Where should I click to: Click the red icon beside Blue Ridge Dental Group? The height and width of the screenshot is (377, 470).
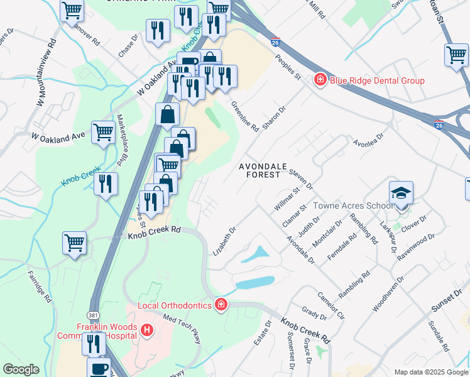320,80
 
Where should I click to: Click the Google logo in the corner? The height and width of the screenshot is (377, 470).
21,369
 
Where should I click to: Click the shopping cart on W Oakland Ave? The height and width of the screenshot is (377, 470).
103,133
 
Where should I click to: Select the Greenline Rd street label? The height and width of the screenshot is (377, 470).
244,116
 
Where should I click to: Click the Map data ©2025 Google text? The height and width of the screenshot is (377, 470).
430,372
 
